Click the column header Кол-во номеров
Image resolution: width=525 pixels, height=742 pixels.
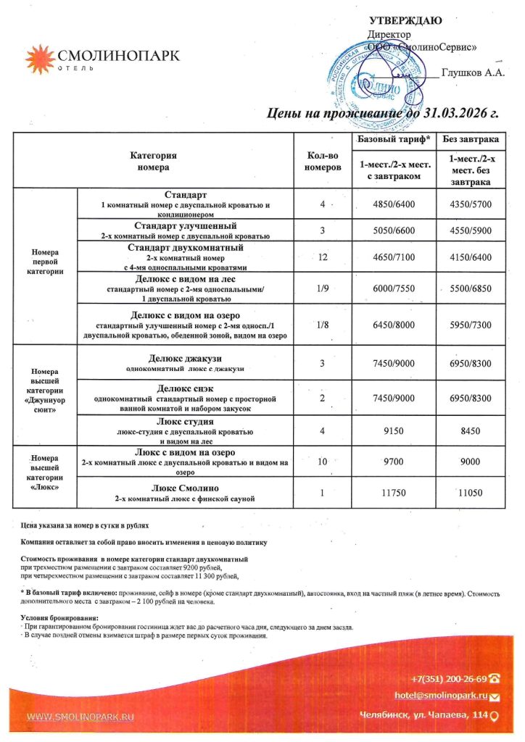click(x=321, y=161)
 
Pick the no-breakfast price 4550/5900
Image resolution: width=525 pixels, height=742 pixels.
click(x=471, y=231)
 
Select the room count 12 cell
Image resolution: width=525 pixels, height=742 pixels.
click(x=321, y=258)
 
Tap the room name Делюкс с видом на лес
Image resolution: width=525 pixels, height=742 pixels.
click(x=186, y=279)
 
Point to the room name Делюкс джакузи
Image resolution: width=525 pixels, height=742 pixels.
click(x=186, y=359)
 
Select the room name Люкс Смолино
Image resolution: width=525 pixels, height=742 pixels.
click(x=186, y=488)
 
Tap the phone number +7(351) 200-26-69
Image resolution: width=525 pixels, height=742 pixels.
click(x=448, y=678)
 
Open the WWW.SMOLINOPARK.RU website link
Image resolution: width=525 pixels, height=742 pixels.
click(x=81, y=717)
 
